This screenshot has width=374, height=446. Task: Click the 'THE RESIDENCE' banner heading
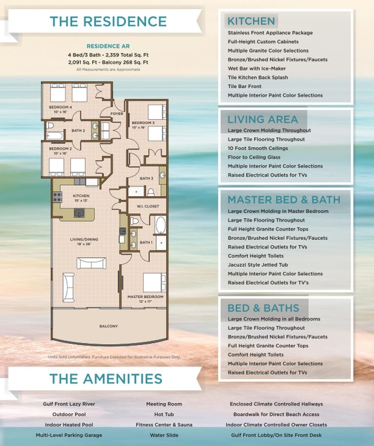pos(108,21)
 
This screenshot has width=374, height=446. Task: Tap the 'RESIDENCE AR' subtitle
pos(108,46)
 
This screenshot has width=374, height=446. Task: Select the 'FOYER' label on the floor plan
pos(117,114)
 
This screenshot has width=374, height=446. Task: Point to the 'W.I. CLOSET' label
pos(148,206)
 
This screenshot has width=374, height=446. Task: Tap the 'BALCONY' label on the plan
pos(108,326)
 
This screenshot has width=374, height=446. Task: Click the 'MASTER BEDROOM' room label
pos(145,297)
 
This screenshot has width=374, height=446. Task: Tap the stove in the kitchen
pos(58,197)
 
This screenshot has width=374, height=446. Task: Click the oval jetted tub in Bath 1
pos(161,225)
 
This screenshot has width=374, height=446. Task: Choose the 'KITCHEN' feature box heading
pos(251,21)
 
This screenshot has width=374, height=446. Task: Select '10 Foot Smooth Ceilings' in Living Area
pos(258,149)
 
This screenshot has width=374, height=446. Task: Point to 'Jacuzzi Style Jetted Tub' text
pos(258,265)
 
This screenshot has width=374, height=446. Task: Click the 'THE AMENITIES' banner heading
pos(106,379)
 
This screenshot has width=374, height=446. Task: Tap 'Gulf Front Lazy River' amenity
pos(69,404)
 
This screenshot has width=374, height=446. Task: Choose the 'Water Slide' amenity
pos(164,435)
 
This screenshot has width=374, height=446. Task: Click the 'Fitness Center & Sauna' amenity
pos(164,425)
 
